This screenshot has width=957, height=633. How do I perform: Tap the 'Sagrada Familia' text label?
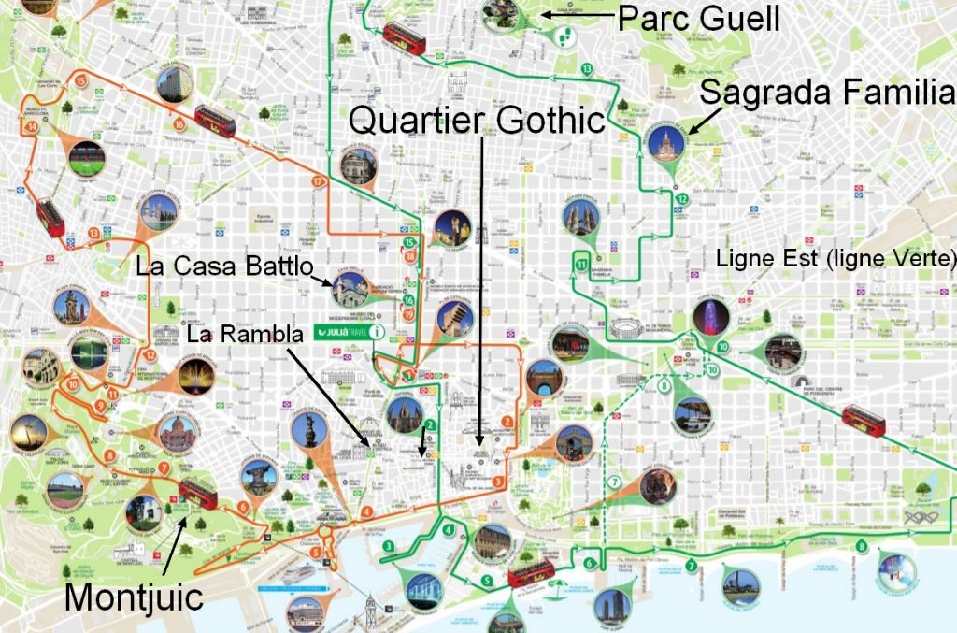tap(827, 93)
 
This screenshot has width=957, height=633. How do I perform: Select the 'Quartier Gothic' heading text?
tap(477, 118)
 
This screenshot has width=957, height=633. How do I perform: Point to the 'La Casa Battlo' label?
tap(223, 266)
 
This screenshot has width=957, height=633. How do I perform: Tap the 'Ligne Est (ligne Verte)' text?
tap(836, 257)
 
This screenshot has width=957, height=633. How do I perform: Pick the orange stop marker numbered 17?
tap(319, 181)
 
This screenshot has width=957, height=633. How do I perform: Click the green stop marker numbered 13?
tap(587, 69)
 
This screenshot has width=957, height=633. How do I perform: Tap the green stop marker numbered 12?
tap(683, 199)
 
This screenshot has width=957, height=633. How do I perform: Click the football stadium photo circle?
tap(87, 158)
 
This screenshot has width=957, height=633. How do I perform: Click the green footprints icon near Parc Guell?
tap(564, 36)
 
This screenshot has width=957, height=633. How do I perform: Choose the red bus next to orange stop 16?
tap(215, 120)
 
